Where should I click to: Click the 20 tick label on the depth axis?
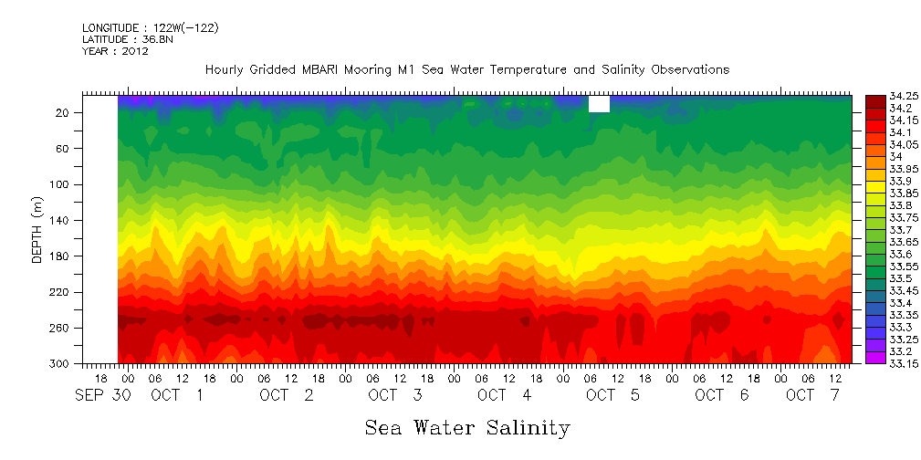pos(64,112)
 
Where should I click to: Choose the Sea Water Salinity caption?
pos(467,427)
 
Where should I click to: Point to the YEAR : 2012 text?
pos(114,51)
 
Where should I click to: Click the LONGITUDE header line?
pos(150,28)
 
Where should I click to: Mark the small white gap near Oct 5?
pos(599,105)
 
